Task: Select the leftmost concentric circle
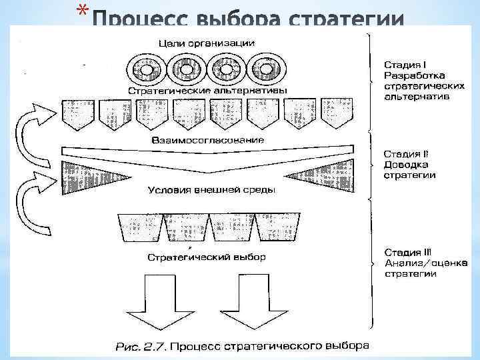point(143,69)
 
